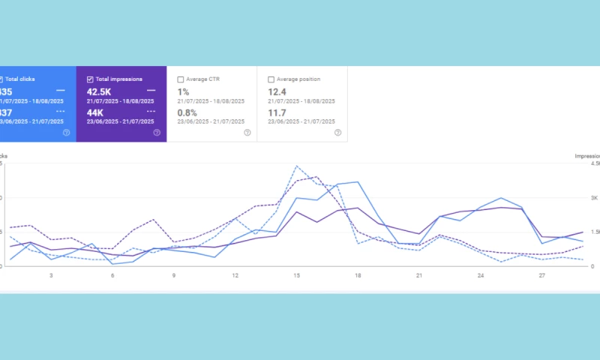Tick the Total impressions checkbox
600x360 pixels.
click(91, 79)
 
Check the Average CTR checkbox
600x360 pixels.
click(181, 79)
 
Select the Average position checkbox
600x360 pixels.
click(271, 79)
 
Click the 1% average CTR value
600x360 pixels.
click(184, 91)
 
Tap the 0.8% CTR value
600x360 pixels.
click(187, 112)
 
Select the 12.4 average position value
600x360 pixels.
click(278, 91)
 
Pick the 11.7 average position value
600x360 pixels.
click(277, 112)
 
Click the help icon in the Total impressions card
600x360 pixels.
click(157, 133)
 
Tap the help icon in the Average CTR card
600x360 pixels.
click(247, 133)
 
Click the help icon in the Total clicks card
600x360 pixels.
click(66, 133)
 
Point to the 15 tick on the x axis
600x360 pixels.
click(297, 276)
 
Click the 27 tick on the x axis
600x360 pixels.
click(541, 276)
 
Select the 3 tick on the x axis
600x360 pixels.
click(51, 276)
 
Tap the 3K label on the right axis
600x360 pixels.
click(592, 198)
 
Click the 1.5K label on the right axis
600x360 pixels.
click(592, 232)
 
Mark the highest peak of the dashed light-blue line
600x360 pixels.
click(297, 166)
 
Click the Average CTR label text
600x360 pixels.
click(204, 79)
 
